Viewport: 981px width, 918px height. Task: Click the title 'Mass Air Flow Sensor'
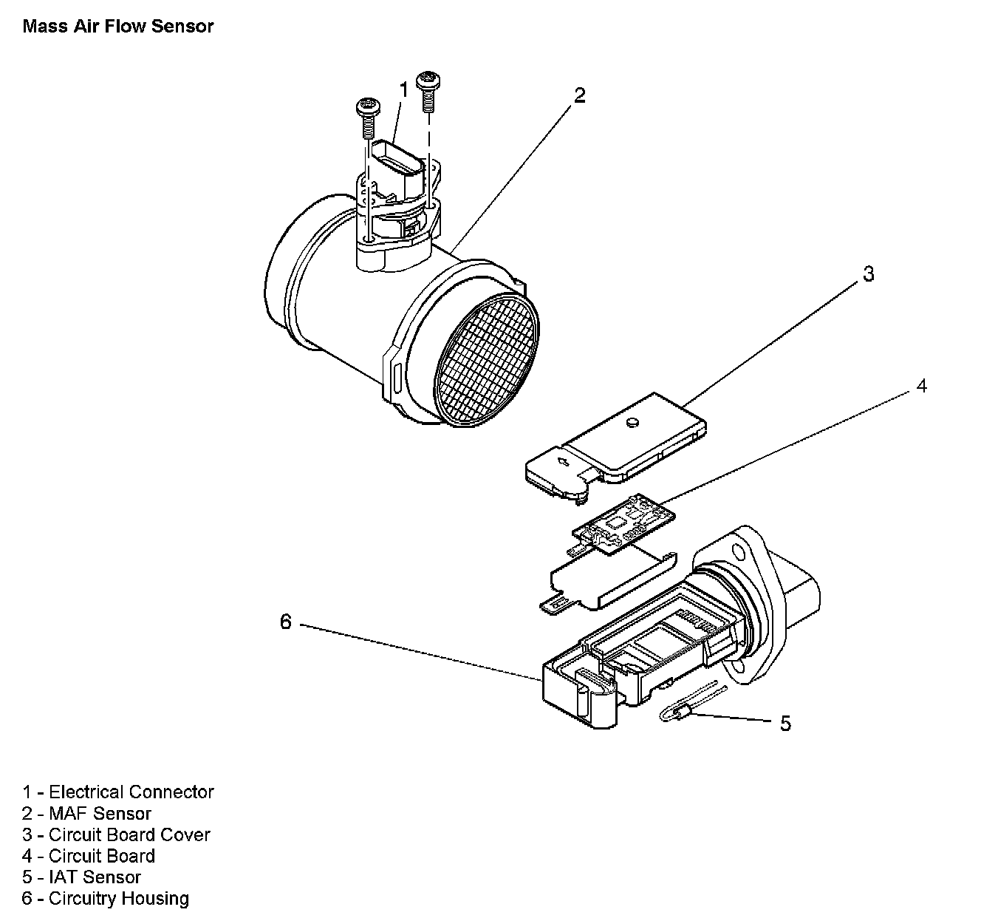coord(118,27)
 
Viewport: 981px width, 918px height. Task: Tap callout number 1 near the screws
coord(403,89)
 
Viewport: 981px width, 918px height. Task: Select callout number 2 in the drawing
coord(580,95)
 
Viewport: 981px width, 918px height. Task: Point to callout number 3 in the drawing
coord(869,273)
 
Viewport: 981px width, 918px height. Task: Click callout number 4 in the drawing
coord(921,386)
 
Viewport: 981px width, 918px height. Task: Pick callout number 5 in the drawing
coord(785,723)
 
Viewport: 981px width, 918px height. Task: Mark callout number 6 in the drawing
coord(286,622)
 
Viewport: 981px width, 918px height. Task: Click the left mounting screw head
coord(367,106)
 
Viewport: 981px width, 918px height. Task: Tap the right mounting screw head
coord(428,79)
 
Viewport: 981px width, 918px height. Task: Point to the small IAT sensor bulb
coord(680,713)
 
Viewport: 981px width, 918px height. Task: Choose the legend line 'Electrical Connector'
coord(118,792)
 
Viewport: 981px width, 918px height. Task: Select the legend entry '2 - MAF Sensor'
coord(86,814)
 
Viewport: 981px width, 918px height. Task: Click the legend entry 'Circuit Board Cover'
coord(116,835)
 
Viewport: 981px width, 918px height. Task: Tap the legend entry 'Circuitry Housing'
coord(106,899)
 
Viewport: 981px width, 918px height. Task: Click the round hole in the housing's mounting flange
coord(736,552)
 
